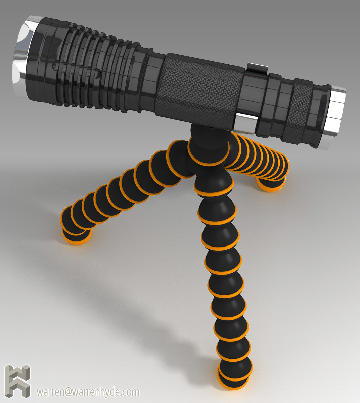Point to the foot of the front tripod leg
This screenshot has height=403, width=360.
click(234, 376)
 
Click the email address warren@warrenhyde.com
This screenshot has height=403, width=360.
click(88, 392)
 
